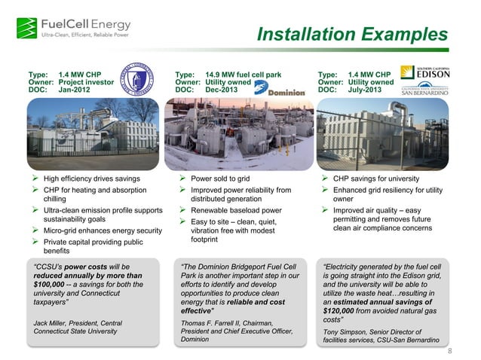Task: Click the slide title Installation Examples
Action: [x=352, y=35]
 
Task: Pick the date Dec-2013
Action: [x=222, y=89]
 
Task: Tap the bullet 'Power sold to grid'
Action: [x=220, y=179]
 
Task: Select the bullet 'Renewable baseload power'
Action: [x=237, y=211]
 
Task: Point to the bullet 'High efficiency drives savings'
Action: [x=91, y=179]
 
